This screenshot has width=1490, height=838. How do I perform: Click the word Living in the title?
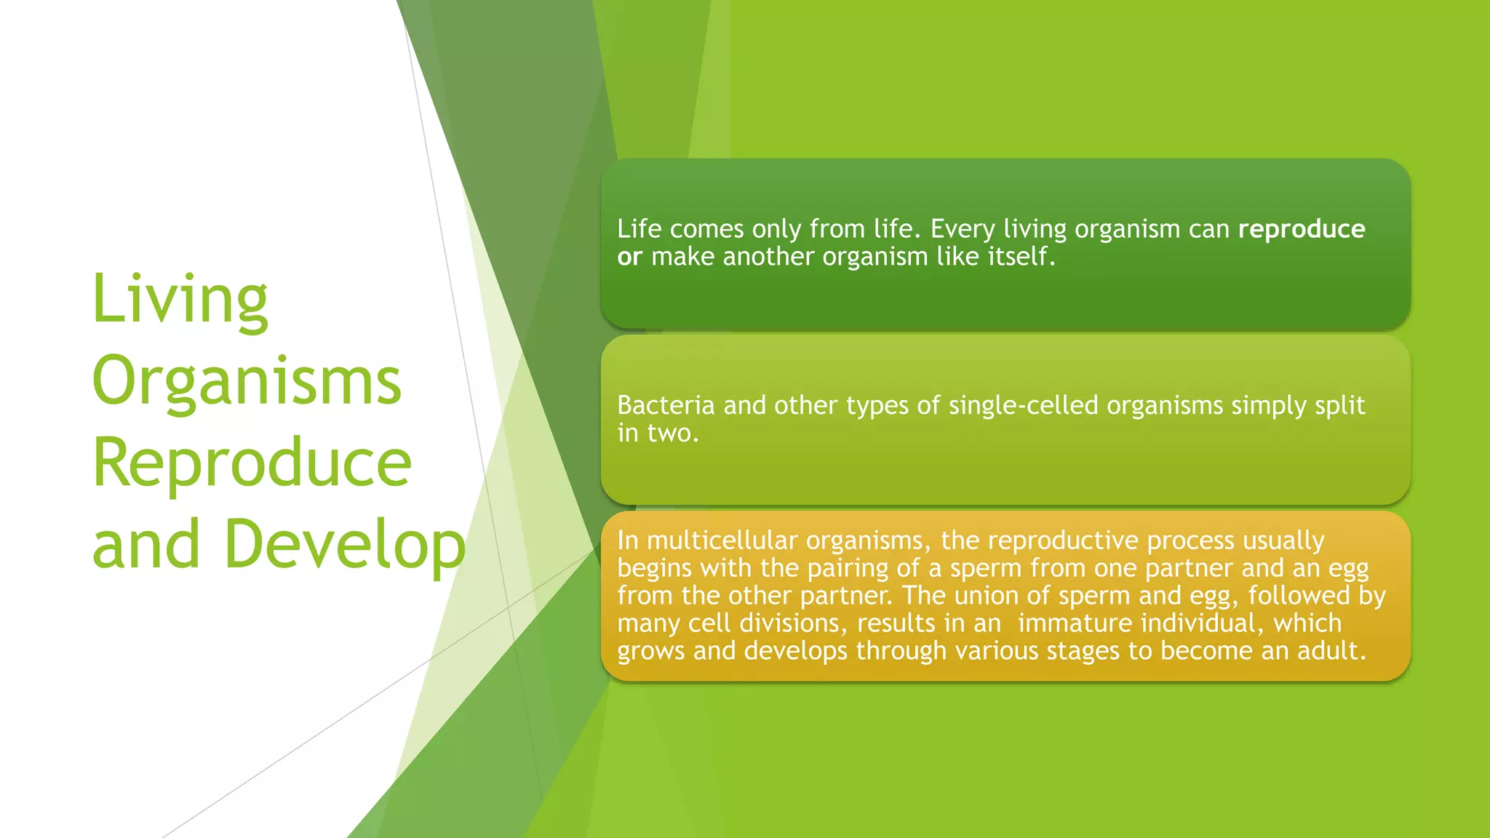(180, 300)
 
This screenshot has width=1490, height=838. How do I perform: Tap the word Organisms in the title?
(247, 381)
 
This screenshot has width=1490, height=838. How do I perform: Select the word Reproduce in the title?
(252, 463)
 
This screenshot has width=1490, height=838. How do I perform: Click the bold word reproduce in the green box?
(1301, 229)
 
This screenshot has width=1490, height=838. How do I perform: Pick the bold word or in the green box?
(629, 257)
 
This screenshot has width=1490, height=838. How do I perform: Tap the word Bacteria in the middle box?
(666, 405)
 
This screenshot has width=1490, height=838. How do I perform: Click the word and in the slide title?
(146, 545)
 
